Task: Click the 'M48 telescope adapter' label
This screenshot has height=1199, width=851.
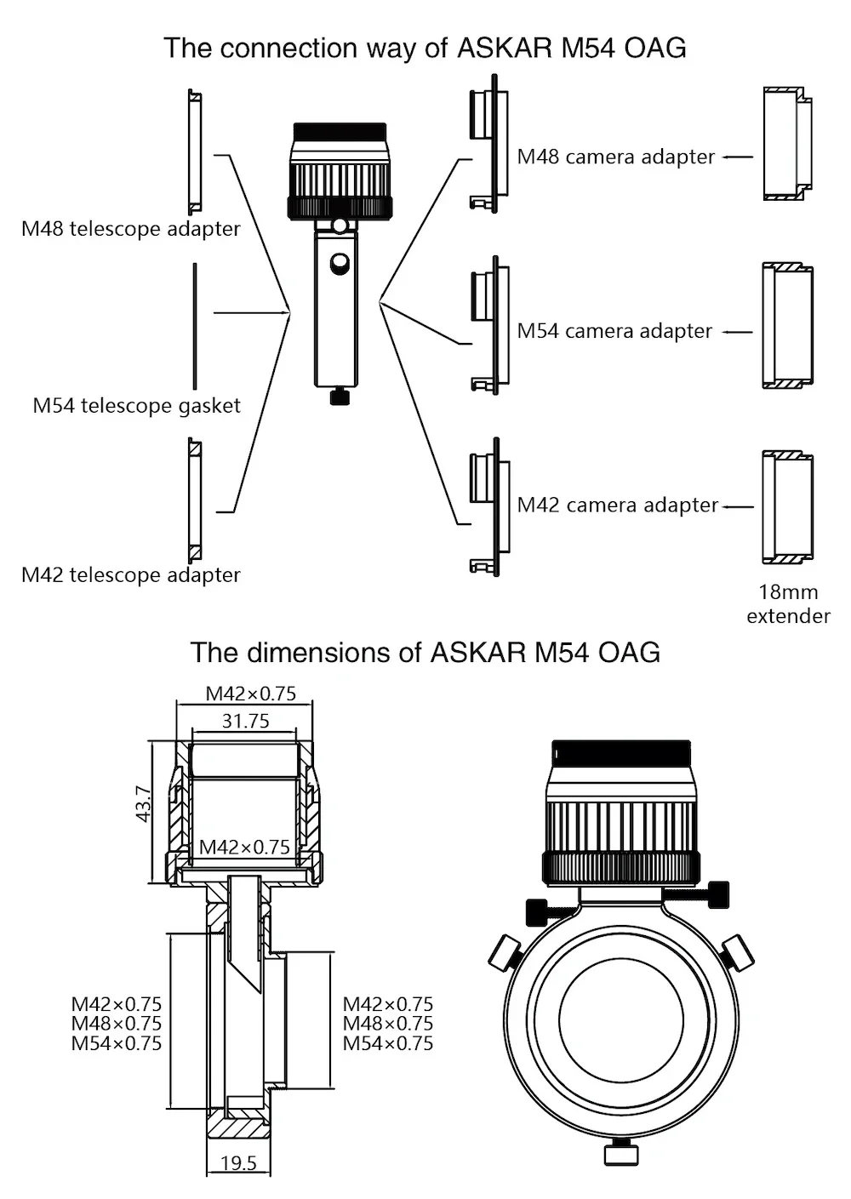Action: pyautogui.click(x=131, y=229)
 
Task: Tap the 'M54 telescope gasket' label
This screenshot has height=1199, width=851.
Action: pyautogui.click(x=136, y=406)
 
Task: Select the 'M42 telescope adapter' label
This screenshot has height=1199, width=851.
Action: pyautogui.click(x=131, y=575)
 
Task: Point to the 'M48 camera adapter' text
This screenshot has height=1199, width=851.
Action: pyautogui.click(x=616, y=157)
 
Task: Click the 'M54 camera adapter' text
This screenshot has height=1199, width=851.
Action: pyautogui.click(x=614, y=331)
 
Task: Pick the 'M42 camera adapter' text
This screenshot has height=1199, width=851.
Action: pyautogui.click(x=618, y=505)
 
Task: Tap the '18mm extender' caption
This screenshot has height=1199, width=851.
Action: pyautogui.click(x=788, y=604)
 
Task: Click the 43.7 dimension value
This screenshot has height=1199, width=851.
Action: pyautogui.click(x=144, y=804)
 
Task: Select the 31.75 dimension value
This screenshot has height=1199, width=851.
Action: pyautogui.click(x=245, y=722)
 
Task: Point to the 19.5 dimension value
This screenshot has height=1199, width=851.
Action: pyautogui.click(x=238, y=1163)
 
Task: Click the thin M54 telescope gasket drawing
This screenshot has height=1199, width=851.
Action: pyautogui.click(x=195, y=326)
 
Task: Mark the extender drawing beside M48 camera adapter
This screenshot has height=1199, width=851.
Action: pyautogui.click(x=787, y=143)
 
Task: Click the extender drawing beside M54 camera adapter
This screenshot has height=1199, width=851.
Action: pyautogui.click(x=787, y=326)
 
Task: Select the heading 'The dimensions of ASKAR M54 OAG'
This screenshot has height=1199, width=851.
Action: pyautogui.click(x=425, y=653)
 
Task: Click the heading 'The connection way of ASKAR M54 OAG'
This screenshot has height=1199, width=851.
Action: pyautogui.click(x=425, y=48)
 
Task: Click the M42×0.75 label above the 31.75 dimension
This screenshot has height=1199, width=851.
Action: pyautogui.click(x=251, y=694)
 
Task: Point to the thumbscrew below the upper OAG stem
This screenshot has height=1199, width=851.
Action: pyautogui.click(x=340, y=397)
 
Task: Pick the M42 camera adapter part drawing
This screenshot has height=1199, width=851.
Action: pyautogui.click(x=489, y=507)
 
